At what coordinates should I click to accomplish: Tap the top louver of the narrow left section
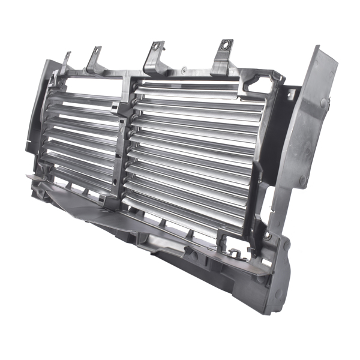[x=84, y=99]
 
